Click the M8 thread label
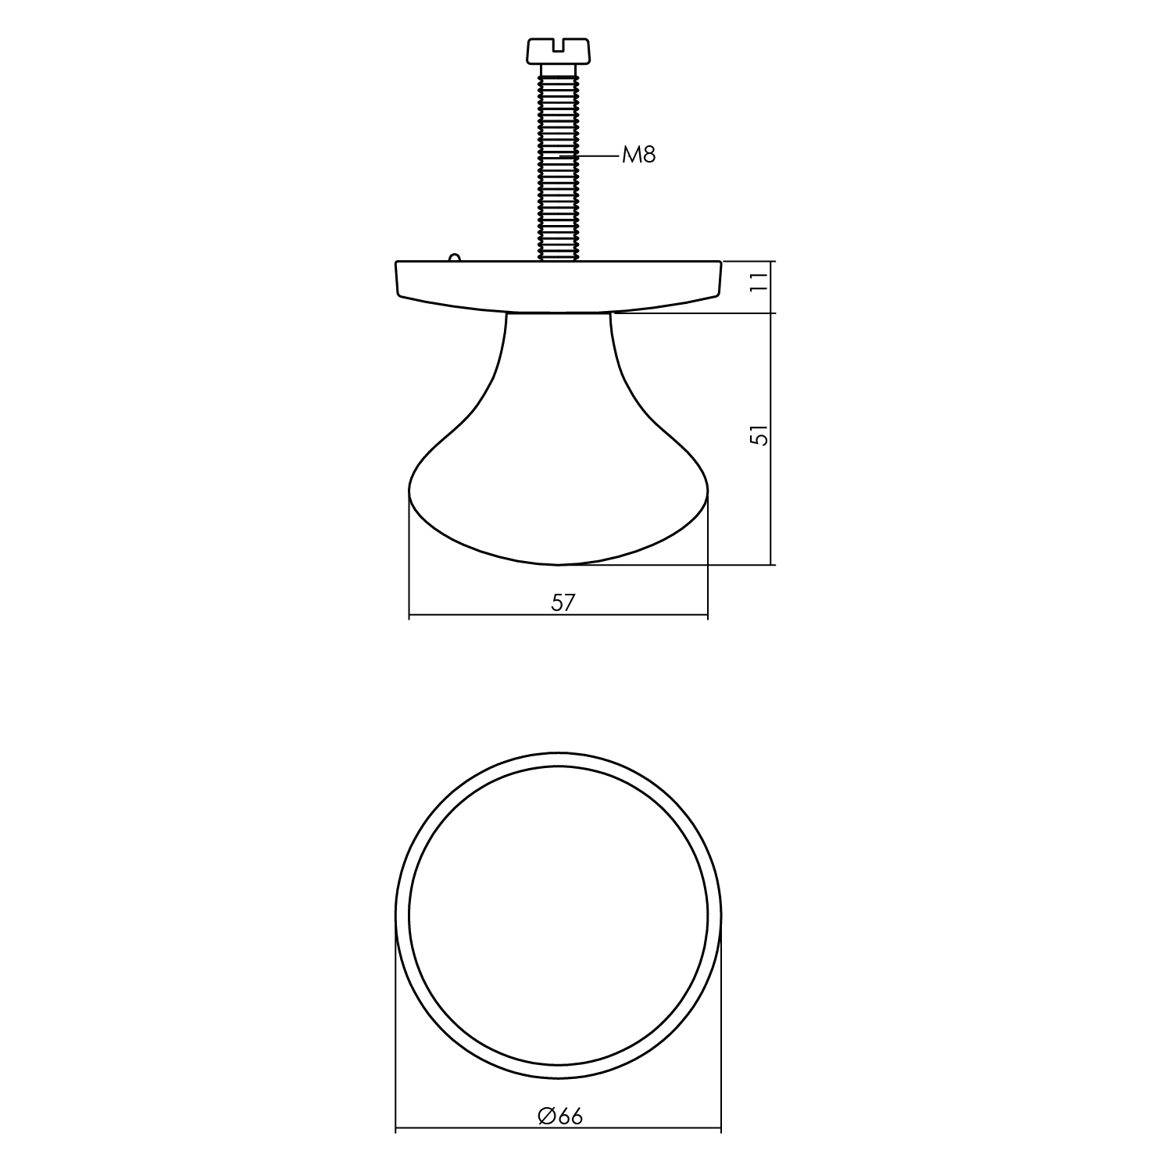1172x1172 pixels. coord(638,155)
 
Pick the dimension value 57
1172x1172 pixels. coord(563,602)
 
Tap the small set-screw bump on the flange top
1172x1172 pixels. coord(454,256)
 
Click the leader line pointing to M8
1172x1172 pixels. coord(598,156)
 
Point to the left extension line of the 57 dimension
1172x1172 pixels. coord(409,563)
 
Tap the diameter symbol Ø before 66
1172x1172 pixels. coord(547,1117)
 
